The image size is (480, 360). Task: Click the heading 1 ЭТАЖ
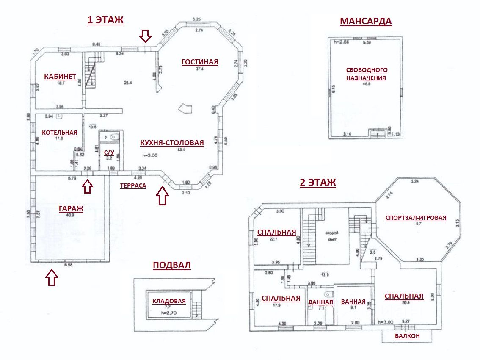point(105,20)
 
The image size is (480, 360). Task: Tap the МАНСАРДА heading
point(366,22)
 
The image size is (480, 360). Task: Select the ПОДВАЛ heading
point(171,266)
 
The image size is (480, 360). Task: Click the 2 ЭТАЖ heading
point(317,183)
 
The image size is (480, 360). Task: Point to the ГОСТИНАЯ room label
point(200,62)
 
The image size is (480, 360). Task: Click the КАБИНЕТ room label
point(60,76)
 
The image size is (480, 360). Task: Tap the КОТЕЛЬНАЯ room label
point(59,132)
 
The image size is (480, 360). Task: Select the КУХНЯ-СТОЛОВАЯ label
point(172,143)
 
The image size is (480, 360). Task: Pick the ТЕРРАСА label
point(133,186)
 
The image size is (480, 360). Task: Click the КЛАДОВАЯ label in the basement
point(169,301)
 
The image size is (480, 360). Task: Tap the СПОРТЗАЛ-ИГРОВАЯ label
point(416,218)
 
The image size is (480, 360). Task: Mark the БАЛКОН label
point(407,336)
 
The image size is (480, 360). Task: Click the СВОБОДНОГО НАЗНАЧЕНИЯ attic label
point(367,74)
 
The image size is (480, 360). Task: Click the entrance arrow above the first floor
point(145,36)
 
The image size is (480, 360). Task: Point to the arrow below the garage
point(51,278)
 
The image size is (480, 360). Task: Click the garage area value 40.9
point(70,215)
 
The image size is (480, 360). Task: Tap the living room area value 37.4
point(200,69)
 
